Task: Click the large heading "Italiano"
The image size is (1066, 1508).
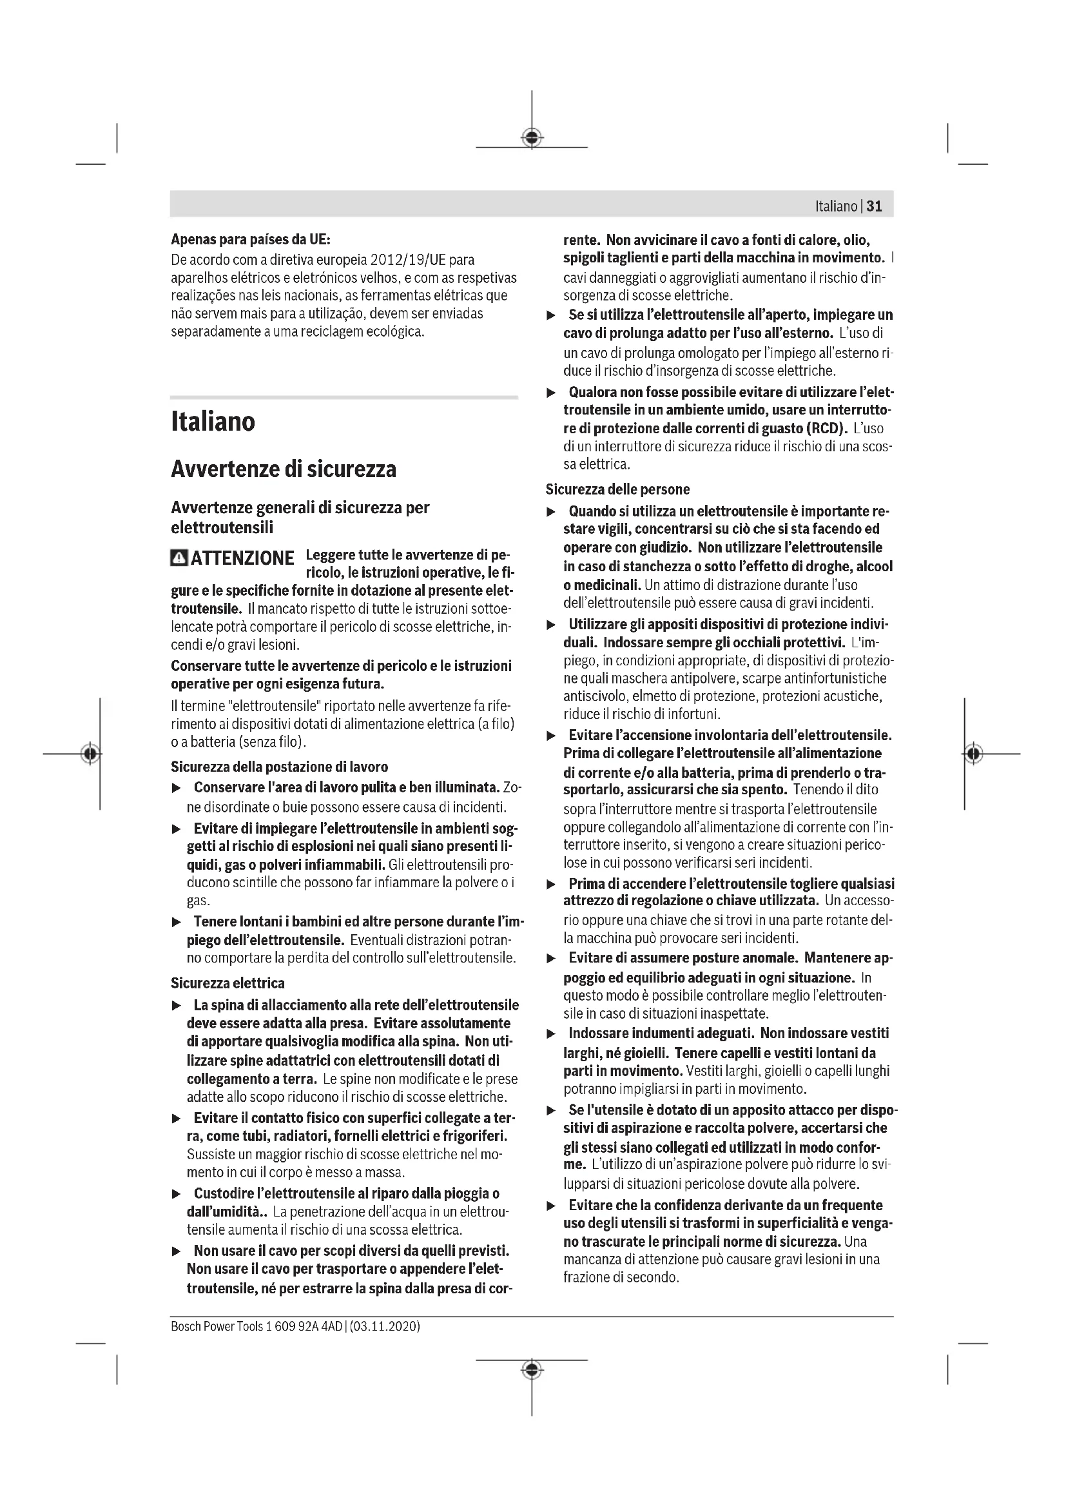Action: click(213, 421)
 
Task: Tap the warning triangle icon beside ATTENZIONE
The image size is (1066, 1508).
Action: click(178, 558)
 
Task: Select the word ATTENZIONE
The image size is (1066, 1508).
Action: click(242, 558)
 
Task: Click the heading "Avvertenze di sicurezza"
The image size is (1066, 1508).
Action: click(284, 469)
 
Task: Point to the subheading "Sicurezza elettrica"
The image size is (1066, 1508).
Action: click(228, 983)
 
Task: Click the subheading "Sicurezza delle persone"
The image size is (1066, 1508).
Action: click(617, 489)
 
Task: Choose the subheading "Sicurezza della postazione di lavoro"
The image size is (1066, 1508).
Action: click(279, 767)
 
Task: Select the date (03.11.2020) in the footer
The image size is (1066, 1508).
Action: click(385, 1326)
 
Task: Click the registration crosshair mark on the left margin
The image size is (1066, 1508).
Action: click(91, 753)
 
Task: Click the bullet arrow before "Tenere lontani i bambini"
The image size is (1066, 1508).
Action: click(176, 922)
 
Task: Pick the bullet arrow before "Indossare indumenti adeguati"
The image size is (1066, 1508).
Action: click(552, 1034)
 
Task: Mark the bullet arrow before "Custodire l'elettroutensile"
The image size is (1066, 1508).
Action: click(176, 1193)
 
